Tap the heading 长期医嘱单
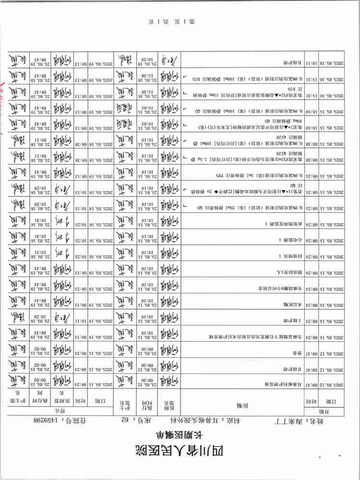[180, 434]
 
